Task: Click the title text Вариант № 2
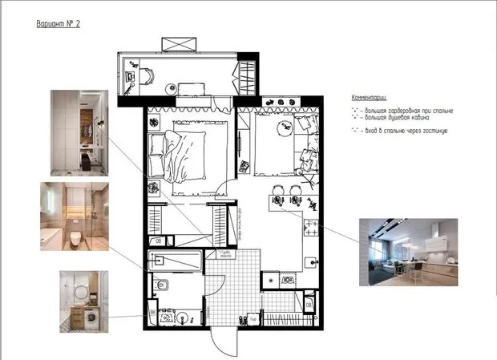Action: [59, 24]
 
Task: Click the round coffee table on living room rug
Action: [282, 127]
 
